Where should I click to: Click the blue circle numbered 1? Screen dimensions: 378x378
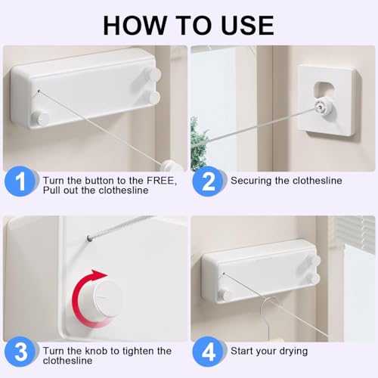pos(20,181)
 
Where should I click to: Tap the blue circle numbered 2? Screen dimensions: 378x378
pos(208,181)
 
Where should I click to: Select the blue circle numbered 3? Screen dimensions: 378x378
pos(20,352)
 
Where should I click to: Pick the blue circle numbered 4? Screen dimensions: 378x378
pos(208,352)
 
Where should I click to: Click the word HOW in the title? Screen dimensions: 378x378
pos(134,25)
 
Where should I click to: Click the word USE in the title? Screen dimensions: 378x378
pos(248,25)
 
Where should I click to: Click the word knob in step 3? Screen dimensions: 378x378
pos(97,351)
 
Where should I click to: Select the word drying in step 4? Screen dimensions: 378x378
pos(294,352)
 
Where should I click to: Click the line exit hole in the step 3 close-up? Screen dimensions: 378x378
pos(89,237)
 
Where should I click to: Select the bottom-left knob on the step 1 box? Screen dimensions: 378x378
pos(40,118)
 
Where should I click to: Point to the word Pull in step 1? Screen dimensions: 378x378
pos(51,190)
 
